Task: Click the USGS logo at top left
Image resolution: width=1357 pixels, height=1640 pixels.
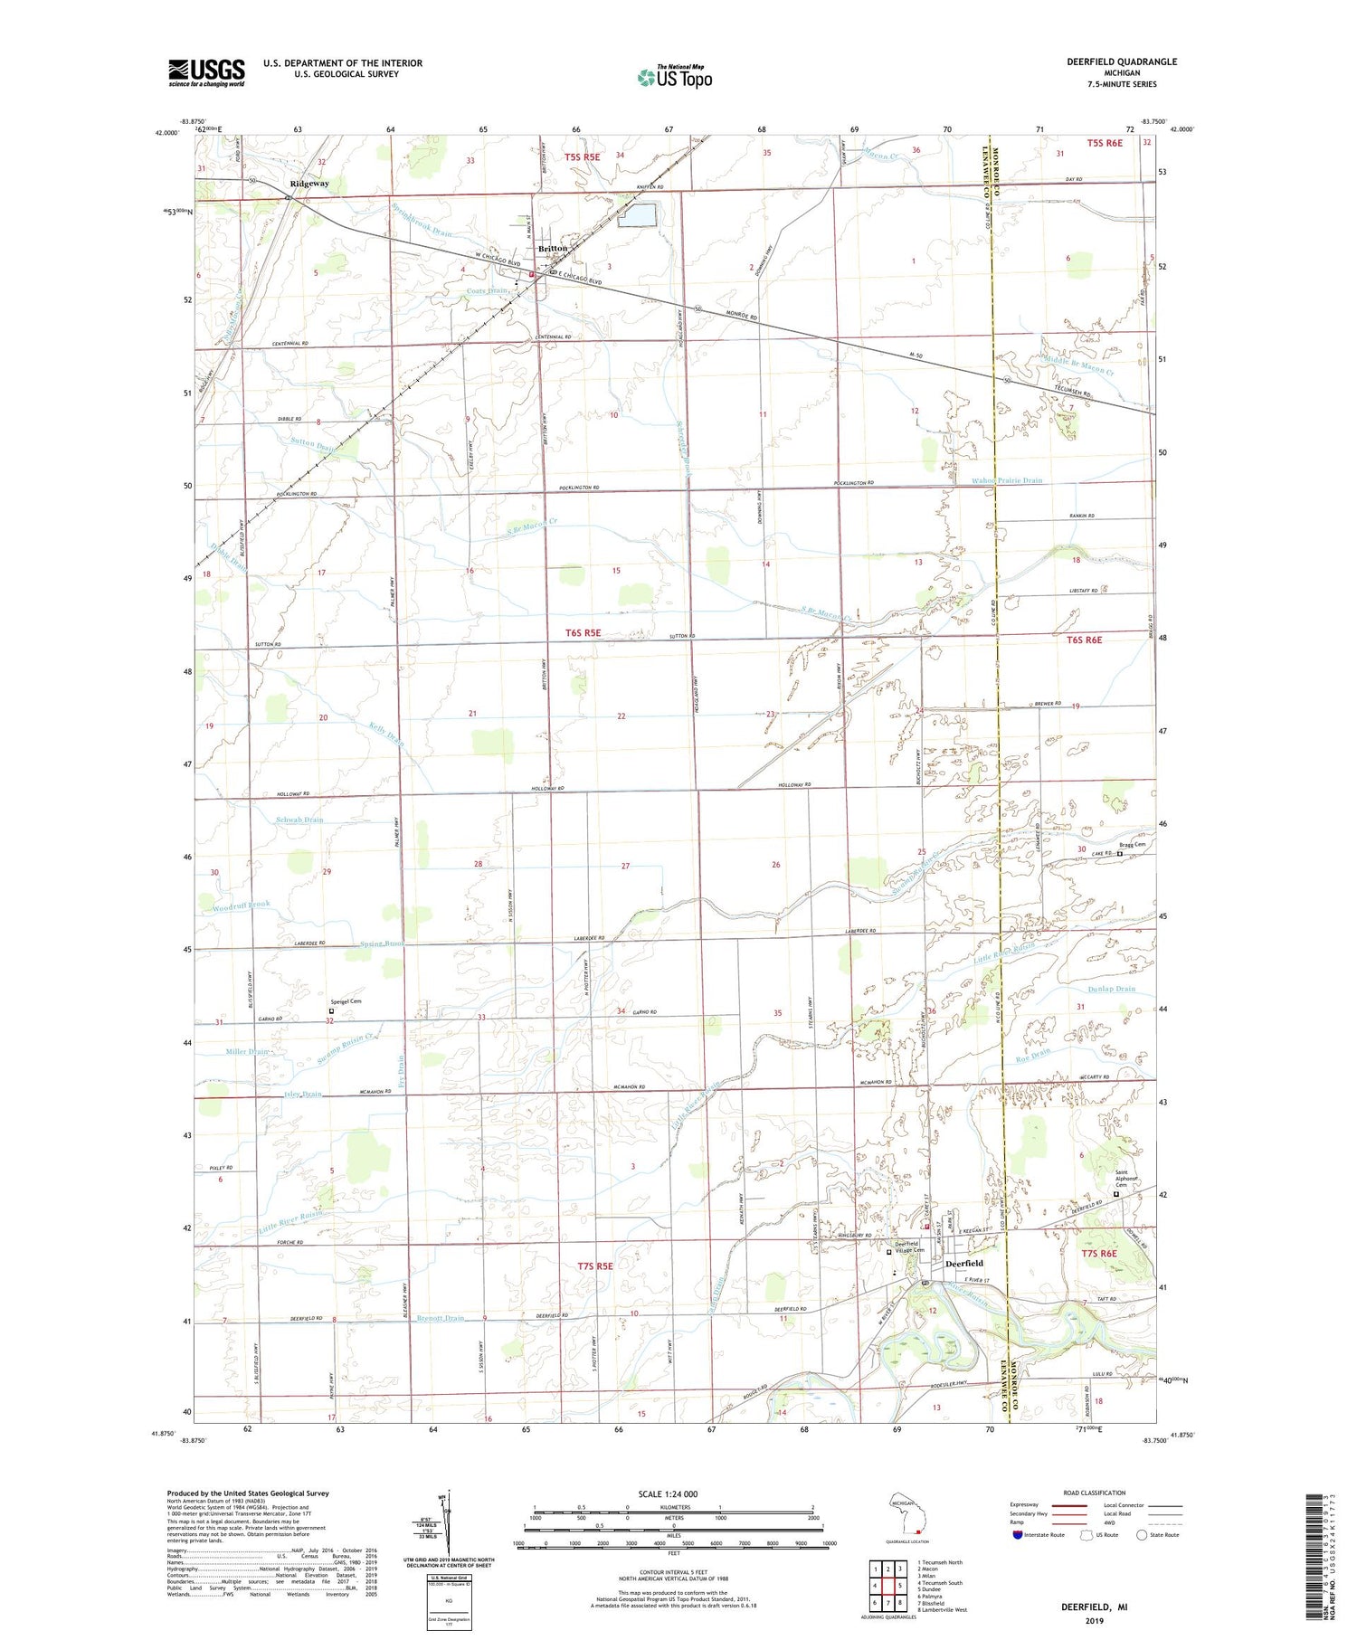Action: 206,72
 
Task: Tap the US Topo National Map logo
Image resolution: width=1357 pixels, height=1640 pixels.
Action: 674,77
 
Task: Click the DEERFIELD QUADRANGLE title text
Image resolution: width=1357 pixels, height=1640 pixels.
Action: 1122,62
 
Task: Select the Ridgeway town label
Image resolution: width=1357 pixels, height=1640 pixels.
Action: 309,184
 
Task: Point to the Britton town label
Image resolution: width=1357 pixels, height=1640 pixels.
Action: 553,248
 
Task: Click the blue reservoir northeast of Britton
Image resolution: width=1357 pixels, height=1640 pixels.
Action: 638,215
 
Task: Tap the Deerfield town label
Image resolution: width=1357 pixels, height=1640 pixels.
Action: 963,1263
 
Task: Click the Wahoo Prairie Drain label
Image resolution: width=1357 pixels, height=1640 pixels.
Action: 1007,481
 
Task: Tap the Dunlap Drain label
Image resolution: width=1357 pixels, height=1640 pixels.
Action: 1112,989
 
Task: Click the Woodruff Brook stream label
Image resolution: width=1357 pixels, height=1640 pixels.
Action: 242,905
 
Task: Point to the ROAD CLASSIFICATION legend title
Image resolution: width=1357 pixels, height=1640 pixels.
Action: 1095,1493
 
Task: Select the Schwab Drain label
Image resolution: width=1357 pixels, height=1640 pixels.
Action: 300,820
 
